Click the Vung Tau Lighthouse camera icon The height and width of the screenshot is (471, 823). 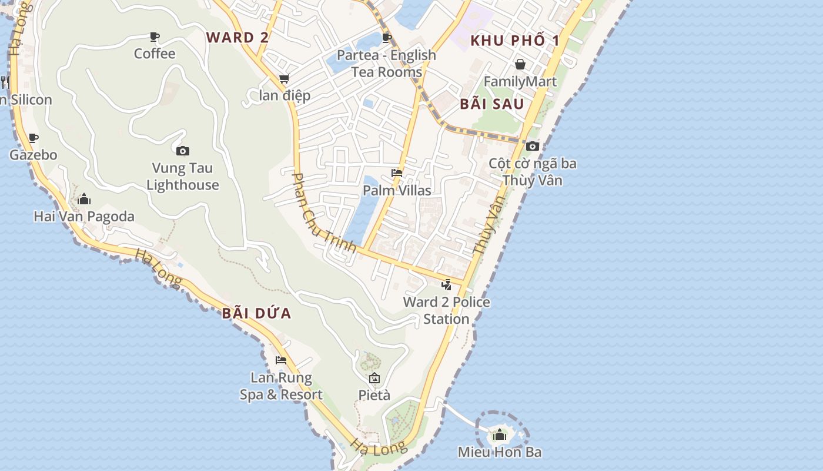183,151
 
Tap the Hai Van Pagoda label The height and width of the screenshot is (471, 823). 84,216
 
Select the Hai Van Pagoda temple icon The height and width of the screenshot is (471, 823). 84,200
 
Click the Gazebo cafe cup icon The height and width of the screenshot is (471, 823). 34,138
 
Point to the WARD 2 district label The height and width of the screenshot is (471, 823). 237,38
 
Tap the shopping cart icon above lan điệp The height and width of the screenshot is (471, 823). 284,79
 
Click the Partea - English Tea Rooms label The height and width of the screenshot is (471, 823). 387,64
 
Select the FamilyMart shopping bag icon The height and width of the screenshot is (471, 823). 520,64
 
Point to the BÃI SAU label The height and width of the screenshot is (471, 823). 492,104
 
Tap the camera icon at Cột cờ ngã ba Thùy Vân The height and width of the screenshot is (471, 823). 533,146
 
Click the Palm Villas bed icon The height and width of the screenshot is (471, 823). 397,173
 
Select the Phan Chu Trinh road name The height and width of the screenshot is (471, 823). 324,213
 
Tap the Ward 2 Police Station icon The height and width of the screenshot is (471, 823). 447,285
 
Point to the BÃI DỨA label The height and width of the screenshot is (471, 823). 257,313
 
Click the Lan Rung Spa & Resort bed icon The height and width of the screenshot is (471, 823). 281,360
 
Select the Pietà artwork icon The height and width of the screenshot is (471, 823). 374,378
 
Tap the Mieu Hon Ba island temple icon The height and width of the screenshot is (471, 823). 500,435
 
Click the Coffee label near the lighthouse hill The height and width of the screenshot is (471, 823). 155,54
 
